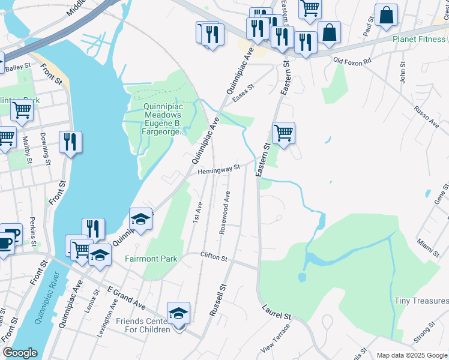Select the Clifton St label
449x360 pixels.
(214, 258)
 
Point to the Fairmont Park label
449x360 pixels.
(151, 259)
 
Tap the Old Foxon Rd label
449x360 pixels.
(352, 61)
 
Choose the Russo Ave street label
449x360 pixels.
(426, 117)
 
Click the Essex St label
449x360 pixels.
(244, 93)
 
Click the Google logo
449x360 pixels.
(20, 353)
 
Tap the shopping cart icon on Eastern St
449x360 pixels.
(283, 133)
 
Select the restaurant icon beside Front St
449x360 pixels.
(70, 142)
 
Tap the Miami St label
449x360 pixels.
(426, 245)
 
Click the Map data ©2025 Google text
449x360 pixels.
(412, 355)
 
